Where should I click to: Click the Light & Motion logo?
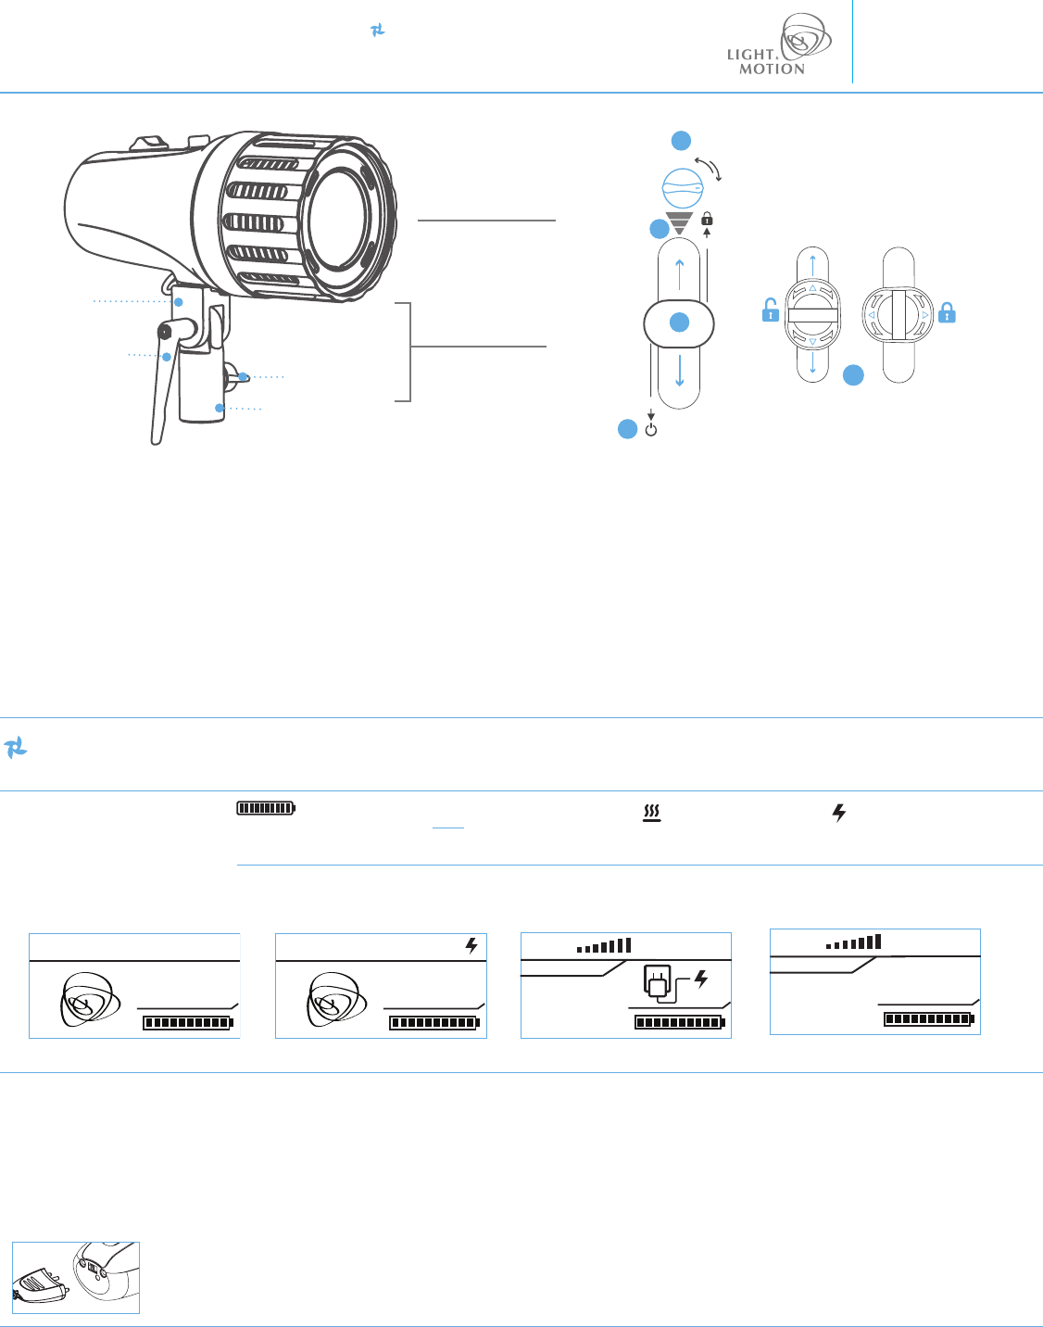click(x=779, y=44)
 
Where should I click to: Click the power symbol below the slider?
click(x=651, y=430)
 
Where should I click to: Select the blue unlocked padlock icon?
click(x=771, y=310)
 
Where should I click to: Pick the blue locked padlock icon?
click(x=947, y=312)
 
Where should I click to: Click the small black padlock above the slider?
click(x=707, y=219)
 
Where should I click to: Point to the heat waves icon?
click(x=651, y=814)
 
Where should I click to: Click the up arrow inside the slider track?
click(x=679, y=274)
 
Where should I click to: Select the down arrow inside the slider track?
click(x=679, y=371)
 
